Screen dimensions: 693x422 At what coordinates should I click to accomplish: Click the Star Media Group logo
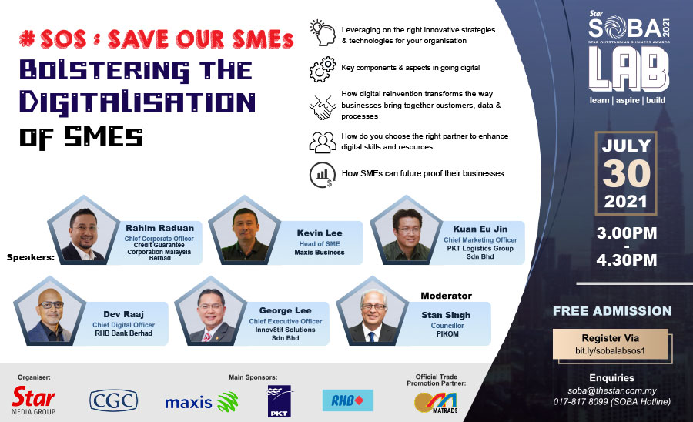(34, 400)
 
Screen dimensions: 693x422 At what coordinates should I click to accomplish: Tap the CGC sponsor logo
(114, 400)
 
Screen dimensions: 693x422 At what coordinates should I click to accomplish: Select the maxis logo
(202, 402)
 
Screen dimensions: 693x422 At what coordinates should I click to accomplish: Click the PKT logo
(279, 400)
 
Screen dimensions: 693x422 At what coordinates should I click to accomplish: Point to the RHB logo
(347, 400)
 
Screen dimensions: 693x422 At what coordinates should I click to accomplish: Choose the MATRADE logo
(436, 403)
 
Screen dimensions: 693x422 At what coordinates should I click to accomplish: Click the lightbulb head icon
(323, 32)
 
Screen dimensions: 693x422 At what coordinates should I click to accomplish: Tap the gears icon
(323, 69)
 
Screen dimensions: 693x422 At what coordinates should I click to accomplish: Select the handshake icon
(323, 107)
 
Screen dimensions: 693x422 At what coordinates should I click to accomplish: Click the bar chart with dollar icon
(323, 175)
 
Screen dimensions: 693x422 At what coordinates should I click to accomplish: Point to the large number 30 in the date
(626, 173)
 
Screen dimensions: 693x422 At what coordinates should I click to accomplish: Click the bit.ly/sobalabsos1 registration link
(610, 351)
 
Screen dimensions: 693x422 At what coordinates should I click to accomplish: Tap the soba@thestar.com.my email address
(611, 390)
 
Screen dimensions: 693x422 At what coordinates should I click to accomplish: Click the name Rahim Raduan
(160, 228)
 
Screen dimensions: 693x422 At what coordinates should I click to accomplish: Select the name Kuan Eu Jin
(480, 229)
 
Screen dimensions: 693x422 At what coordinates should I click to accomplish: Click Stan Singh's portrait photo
(372, 313)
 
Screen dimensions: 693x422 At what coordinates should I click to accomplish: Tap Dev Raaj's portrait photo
(49, 313)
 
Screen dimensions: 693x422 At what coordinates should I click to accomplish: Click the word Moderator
(446, 296)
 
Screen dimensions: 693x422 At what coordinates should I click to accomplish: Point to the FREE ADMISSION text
(612, 311)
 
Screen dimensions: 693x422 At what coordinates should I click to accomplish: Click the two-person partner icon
(323, 142)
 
